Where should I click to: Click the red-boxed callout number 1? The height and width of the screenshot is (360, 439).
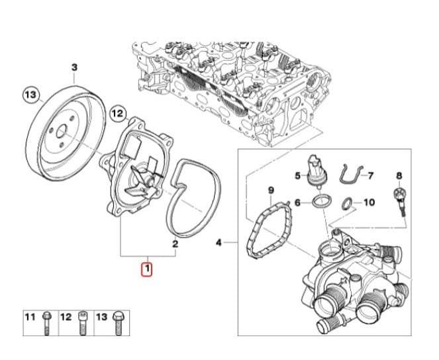coord(146,269)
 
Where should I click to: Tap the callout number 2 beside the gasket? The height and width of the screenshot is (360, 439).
coord(175,244)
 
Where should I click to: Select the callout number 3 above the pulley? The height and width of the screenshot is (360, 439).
coord(74,67)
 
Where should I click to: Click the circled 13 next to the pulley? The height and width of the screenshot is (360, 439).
coord(30,95)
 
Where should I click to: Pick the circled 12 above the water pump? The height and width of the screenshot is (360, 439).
coord(117,113)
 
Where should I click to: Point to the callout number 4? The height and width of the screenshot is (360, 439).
coord(219,243)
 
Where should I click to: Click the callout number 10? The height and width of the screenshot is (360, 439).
coord(369,202)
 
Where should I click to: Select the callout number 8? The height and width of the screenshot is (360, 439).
coord(399,175)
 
